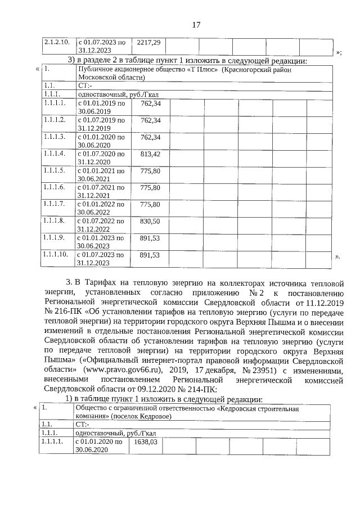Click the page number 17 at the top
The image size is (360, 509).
(x=196, y=24)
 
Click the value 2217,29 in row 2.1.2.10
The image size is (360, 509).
(x=149, y=42)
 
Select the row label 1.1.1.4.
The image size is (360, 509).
(x=55, y=154)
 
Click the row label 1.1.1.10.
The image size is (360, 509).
(x=56, y=255)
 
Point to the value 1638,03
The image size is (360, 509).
(x=145, y=442)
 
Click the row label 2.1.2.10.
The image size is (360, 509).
(x=56, y=42)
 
